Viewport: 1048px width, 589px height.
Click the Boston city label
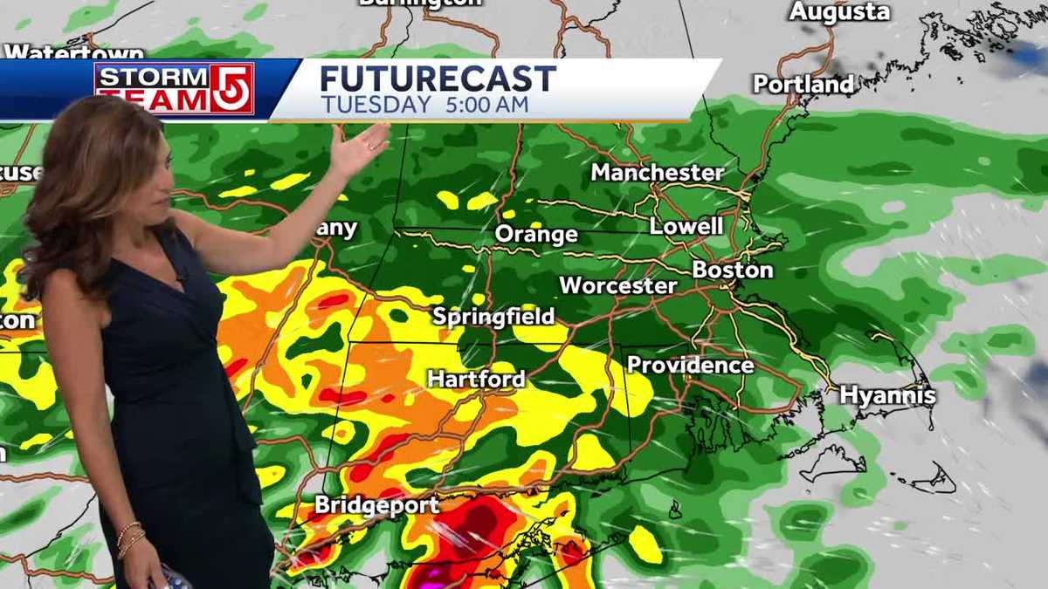pyautogui.click(x=733, y=270)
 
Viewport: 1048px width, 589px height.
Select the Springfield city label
pyautogui.click(x=493, y=316)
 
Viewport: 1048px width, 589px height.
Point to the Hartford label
pyautogui.click(x=476, y=379)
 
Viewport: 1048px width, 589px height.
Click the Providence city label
pyautogui.click(x=690, y=365)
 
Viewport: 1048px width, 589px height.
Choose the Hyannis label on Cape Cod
pyautogui.click(x=887, y=395)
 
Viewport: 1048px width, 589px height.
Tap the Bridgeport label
pyautogui.click(x=377, y=504)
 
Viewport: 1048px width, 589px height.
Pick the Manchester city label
pyautogui.click(x=657, y=172)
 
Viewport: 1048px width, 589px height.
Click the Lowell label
pyautogui.click(x=686, y=226)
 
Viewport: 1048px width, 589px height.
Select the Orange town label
pyautogui.click(x=536, y=234)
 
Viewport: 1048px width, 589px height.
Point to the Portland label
pyautogui.click(x=803, y=84)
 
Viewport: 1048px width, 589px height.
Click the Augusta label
pyautogui.click(x=839, y=11)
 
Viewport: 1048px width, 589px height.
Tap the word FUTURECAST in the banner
pyautogui.click(x=438, y=79)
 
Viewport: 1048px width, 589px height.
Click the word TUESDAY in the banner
pyautogui.click(x=376, y=105)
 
